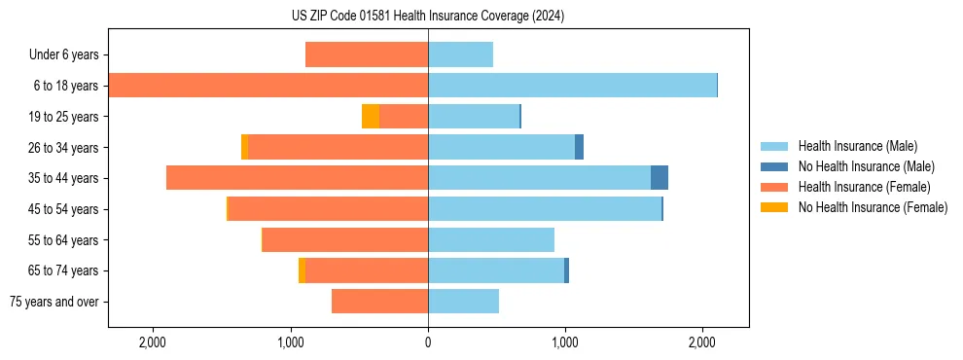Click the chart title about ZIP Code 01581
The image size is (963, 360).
[x=428, y=17]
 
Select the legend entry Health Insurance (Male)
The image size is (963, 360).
[x=857, y=146]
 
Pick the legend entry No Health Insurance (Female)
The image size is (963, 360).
[x=873, y=207]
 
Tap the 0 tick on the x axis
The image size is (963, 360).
[x=428, y=342]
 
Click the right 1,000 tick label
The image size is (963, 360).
[x=565, y=342]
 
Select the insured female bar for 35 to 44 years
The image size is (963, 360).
[x=297, y=178]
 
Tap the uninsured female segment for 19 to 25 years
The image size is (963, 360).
[x=371, y=117]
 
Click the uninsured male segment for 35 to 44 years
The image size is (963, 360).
[x=660, y=178]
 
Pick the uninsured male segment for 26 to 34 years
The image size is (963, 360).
[x=579, y=147]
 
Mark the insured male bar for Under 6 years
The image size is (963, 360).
[x=460, y=55]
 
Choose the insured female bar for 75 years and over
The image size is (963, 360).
[x=379, y=302]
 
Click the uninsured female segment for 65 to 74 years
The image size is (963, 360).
[x=302, y=270]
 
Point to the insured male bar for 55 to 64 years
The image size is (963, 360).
[x=491, y=239]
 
